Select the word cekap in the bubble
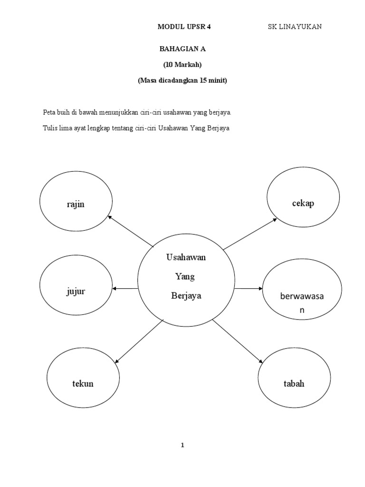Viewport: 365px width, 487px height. (x=303, y=204)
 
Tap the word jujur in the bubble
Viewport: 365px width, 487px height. (x=76, y=291)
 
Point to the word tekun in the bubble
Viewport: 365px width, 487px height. (x=83, y=384)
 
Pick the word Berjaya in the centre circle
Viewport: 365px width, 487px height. (x=186, y=296)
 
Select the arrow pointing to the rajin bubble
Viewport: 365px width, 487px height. (x=131, y=232)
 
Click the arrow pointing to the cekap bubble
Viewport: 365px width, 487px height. (x=250, y=234)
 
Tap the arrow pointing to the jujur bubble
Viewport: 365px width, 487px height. (x=125, y=289)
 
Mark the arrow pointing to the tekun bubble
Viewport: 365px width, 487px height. (x=139, y=341)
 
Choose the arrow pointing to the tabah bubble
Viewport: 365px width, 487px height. (x=237, y=342)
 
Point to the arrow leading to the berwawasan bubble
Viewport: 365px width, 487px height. (x=248, y=289)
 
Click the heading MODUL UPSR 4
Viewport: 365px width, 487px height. (x=184, y=27)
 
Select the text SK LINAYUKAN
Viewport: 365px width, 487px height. (x=295, y=27)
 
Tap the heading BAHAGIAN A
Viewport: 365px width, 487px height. (x=182, y=49)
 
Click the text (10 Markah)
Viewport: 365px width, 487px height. (x=182, y=65)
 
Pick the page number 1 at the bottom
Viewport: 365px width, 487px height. (x=182, y=446)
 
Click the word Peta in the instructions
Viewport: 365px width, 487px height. (x=49, y=112)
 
